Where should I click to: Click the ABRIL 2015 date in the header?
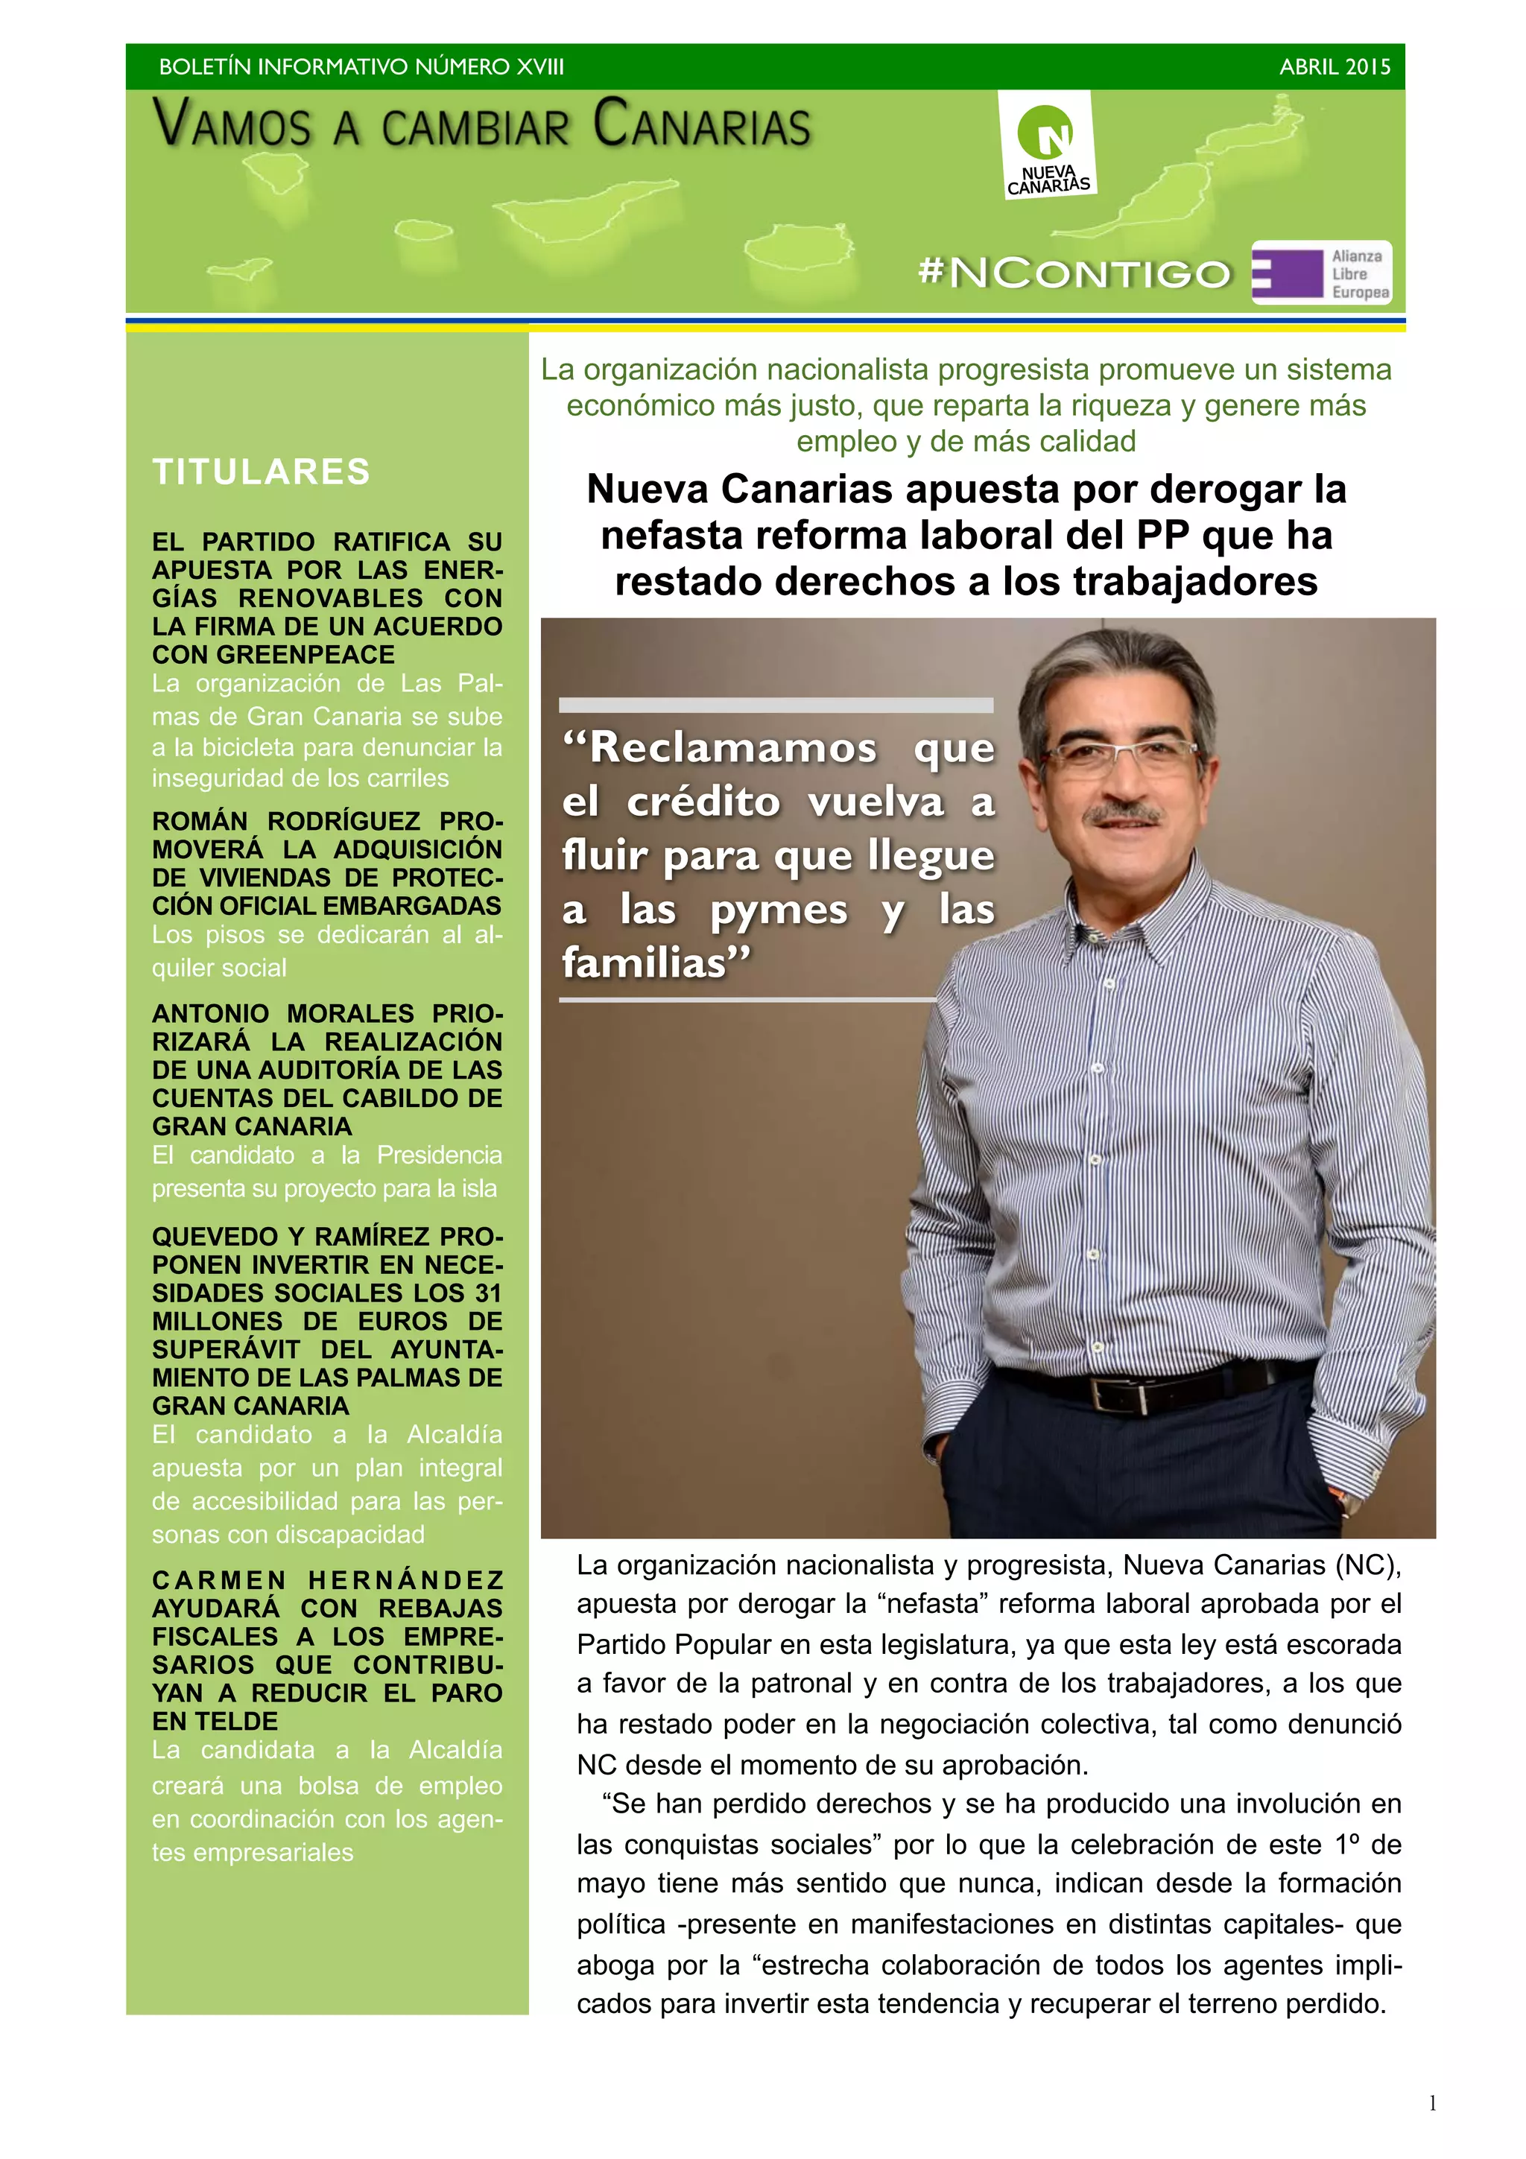coord(1335,67)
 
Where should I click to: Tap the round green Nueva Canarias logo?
coord(1045,133)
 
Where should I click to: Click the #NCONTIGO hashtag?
coord(1074,273)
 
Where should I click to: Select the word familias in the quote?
coord(656,963)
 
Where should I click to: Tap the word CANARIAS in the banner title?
coord(701,127)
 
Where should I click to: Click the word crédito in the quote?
coord(705,802)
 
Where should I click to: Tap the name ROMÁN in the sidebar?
coord(200,822)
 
